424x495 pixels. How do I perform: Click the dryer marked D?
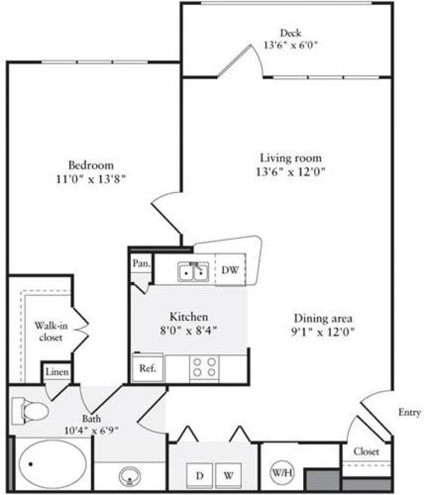pyautogui.click(x=200, y=476)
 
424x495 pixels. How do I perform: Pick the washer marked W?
pyautogui.click(x=228, y=476)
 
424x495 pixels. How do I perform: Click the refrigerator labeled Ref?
pyautogui.click(x=147, y=368)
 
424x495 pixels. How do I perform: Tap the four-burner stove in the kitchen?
pyautogui.click(x=204, y=367)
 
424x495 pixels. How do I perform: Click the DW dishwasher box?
pyautogui.click(x=230, y=270)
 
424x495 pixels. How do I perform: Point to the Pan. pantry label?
pyautogui.click(x=141, y=263)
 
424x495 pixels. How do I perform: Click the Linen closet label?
pyautogui.click(x=57, y=372)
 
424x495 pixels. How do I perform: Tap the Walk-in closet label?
pyautogui.click(x=51, y=331)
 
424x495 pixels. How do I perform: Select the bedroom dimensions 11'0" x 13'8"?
pyautogui.click(x=91, y=179)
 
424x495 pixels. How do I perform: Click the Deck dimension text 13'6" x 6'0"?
pyautogui.click(x=290, y=45)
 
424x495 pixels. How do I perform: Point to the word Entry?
pyautogui.click(x=409, y=412)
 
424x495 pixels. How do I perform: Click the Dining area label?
pyautogui.click(x=323, y=318)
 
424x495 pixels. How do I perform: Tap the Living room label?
pyautogui.click(x=290, y=158)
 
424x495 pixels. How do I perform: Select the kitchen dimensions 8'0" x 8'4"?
pyautogui.click(x=188, y=330)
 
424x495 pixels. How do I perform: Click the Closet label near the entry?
pyautogui.click(x=366, y=452)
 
